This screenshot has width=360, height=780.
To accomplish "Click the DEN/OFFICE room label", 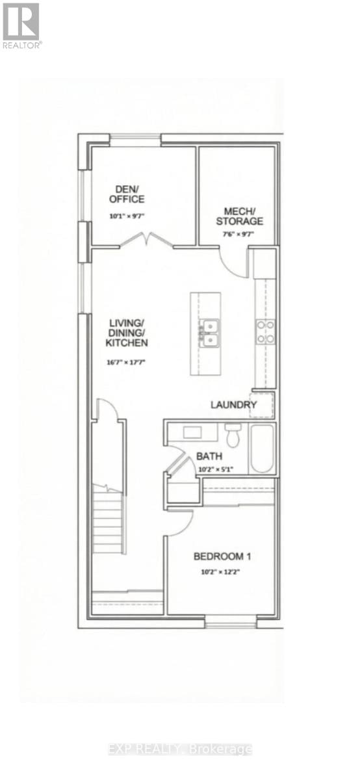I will pos(127,194).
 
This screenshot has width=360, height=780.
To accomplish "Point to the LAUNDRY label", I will pos(234,405).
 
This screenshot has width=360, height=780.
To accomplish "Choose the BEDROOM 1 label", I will pos(222,556).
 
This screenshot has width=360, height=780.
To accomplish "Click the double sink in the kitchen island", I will pos(208,332).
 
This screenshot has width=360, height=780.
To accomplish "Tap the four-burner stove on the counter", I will pos(265,331).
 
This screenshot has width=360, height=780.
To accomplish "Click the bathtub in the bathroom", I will pos(263,448).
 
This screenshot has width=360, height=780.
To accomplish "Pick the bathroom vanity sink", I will pos(192,433).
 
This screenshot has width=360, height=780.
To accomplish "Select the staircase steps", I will pos(109,520).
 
